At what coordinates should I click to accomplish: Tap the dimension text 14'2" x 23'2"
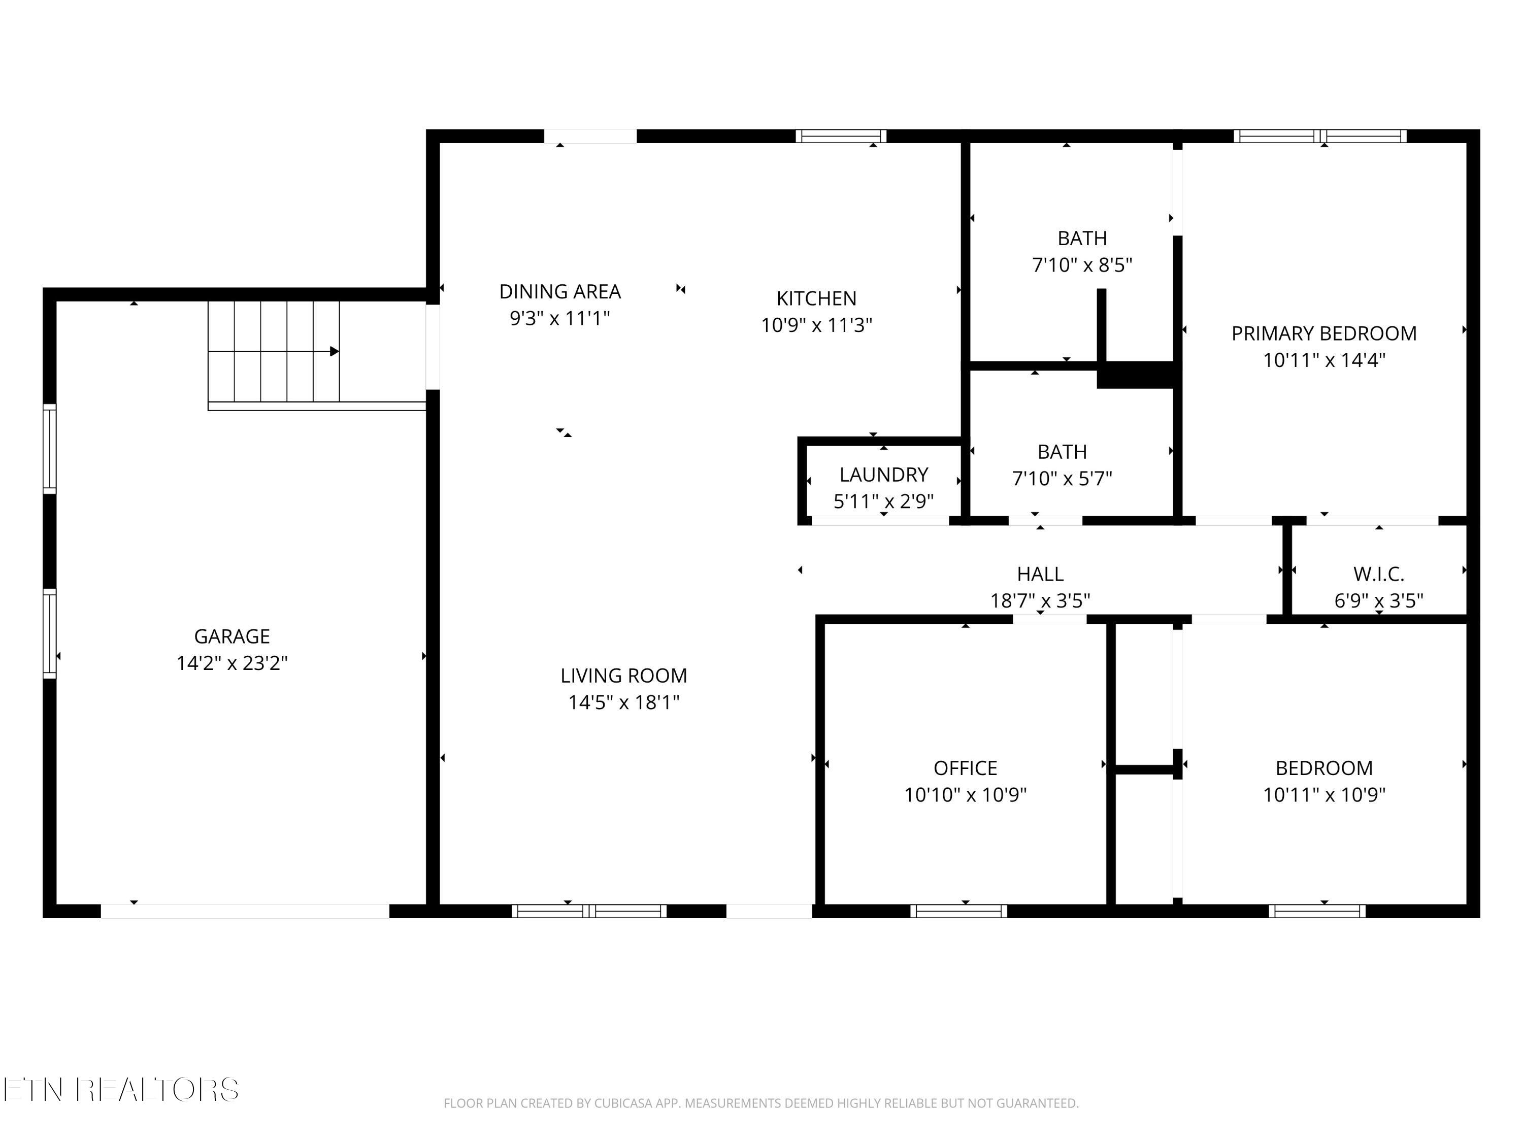coord(231,663)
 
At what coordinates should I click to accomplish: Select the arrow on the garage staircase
coord(334,352)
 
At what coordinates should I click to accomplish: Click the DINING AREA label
coord(560,292)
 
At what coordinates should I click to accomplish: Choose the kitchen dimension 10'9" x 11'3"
coord(816,325)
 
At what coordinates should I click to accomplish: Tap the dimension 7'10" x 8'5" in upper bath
coord(1082,265)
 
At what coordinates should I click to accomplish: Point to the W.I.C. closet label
coord(1378,574)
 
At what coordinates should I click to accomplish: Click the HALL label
coord(1040,574)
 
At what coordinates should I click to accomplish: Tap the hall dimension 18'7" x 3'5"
coord(1040,601)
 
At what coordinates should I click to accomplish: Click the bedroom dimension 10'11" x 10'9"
coord(1323,794)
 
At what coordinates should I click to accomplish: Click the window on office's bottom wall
coord(958,911)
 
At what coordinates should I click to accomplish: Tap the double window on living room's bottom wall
coord(589,911)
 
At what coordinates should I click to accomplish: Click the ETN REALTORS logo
coord(121,1090)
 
